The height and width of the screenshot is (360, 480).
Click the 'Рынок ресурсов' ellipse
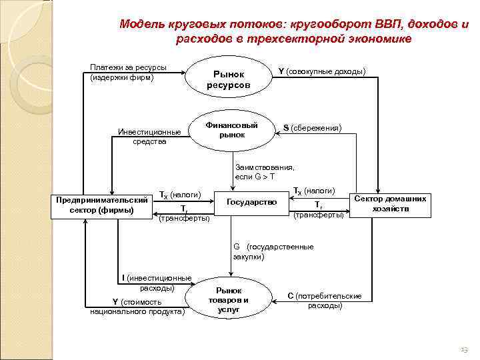click(229, 79)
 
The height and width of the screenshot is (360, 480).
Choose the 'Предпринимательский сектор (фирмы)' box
click(102, 205)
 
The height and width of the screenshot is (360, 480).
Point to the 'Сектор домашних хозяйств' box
click(391, 204)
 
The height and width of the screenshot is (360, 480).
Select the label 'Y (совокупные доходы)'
click(321, 71)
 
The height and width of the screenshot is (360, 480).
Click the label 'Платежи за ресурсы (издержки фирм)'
click(128, 73)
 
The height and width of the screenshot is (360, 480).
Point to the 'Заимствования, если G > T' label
click(265, 171)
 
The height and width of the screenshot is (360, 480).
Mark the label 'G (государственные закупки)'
click(273, 251)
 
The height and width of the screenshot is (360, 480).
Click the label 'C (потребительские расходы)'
click(324, 300)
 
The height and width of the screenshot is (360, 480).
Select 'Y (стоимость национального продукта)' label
click(136, 306)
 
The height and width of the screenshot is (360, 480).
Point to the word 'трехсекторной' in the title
click(299, 39)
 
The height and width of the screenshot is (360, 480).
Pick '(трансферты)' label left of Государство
click(185, 218)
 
